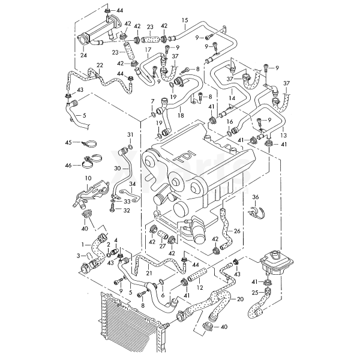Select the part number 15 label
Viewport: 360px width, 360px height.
pyautogui.click(x=185, y=20)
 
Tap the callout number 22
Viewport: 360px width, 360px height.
pyautogui.click(x=100, y=65)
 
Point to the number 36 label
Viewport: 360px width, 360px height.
pyautogui.click(x=255, y=197)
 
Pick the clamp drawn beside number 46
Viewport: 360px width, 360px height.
pyautogui.click(x=89, y=161)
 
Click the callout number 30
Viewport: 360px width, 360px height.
pyautogui.click(x=118, y=168)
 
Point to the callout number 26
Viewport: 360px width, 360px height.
pyautogui.click(x=236, y=230)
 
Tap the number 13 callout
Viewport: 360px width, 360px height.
pyautogui.click(x=283, y=136)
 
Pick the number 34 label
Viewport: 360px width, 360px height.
pyautogui.click(x=133, y=184)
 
